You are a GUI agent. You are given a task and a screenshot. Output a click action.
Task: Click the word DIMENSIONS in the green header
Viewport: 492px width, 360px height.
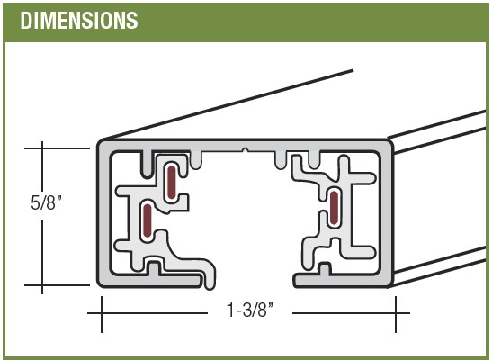coord(79,21)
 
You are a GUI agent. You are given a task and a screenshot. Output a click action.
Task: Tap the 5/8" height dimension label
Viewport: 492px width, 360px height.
coord(46,202)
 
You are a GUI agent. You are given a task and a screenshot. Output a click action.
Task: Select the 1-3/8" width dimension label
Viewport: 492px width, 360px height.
coord(250,310)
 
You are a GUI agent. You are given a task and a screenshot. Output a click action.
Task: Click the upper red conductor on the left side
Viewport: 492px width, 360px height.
coord(171,183)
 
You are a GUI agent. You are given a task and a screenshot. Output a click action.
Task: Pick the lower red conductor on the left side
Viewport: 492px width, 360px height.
coord(147,220)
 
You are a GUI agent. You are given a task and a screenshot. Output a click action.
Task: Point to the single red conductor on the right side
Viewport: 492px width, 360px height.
coord(335,208)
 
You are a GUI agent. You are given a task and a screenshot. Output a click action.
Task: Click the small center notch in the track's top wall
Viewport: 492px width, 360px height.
coord(246,150)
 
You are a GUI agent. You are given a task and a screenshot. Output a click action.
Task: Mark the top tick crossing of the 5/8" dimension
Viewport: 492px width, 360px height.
coord(42,148)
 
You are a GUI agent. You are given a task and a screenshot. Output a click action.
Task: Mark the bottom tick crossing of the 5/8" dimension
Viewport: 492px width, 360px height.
coord(42,285)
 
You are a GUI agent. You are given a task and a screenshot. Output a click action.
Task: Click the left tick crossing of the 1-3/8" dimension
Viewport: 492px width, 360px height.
coord(102,313)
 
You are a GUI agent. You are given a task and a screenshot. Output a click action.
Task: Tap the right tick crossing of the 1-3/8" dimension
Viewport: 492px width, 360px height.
coord(396,313)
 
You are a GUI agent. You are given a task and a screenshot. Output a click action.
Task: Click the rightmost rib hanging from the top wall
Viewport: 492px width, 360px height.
coord(314,160)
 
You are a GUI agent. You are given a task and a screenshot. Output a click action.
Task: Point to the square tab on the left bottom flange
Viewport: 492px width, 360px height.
coord(154,268)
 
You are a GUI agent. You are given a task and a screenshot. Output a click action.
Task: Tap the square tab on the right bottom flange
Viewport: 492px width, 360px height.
coord(325,269)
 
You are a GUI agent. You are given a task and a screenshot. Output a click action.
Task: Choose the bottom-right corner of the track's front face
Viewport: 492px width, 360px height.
coord(390,285)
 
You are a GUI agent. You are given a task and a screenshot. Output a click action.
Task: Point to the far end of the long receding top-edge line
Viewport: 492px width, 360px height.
coord(353,70)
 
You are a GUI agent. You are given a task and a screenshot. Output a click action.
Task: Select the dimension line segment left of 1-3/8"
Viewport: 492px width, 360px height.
coord(148,313)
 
